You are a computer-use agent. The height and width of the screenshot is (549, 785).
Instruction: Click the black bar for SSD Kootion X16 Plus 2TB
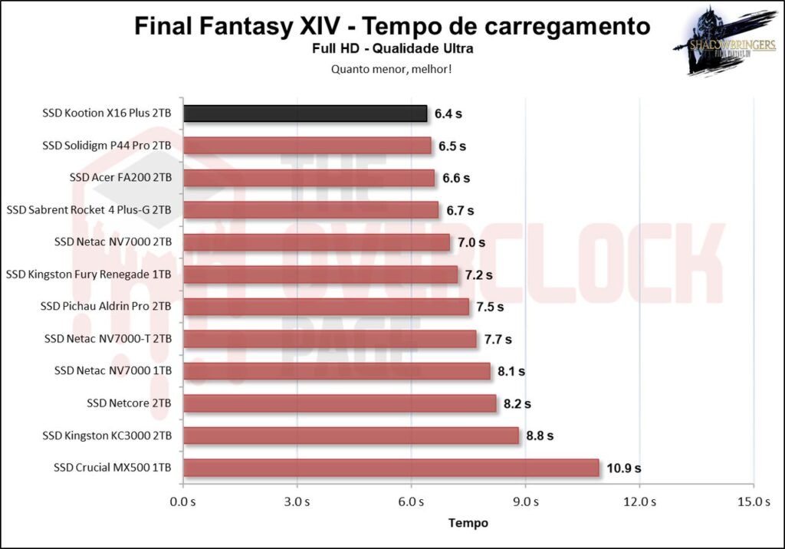305,113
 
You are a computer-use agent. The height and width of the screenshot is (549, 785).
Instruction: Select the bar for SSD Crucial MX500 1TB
391,468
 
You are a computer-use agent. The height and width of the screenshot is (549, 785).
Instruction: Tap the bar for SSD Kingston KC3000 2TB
351,436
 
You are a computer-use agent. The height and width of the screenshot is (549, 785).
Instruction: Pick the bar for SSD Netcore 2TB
340,403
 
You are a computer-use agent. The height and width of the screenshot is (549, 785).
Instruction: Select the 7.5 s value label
490,307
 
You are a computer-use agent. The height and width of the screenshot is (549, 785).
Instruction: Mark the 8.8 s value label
540,436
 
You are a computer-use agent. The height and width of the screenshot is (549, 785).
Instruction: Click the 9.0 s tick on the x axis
525,502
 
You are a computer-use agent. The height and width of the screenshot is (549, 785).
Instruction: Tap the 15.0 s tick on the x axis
753,502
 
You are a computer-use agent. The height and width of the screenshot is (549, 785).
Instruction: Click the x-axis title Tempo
468,523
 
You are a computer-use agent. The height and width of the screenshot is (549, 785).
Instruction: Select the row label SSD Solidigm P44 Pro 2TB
107,146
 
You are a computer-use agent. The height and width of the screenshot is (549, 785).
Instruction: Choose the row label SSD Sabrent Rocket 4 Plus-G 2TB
89,210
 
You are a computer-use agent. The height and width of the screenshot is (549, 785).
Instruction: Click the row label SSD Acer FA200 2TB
120,178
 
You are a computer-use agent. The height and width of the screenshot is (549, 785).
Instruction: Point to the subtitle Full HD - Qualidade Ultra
392,49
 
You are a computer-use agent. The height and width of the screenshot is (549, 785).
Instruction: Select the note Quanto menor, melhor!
392,69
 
